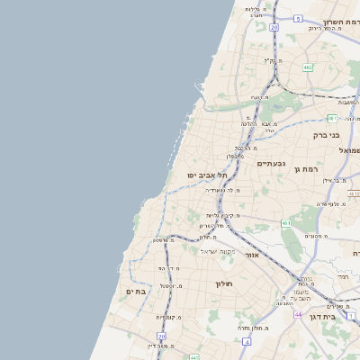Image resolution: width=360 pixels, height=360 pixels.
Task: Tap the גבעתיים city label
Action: (269, 164)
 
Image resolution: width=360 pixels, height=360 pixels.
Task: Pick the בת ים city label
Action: (135, 292)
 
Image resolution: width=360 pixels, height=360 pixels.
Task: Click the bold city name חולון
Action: (224, 284)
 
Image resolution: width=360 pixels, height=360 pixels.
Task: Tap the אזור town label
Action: (252, 256)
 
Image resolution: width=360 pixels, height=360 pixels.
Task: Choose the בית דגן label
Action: (334, 316)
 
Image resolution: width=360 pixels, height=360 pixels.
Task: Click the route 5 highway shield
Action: (298, 18)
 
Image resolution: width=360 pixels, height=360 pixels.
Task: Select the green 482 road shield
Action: (308, 67)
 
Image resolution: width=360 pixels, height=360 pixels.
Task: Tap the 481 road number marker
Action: (332, 118)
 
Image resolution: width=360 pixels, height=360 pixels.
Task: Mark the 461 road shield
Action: (285, 222)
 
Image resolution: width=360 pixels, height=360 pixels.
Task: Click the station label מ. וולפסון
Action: (163, 240)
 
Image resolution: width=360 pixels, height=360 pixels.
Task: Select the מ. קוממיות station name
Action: (171, 317)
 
